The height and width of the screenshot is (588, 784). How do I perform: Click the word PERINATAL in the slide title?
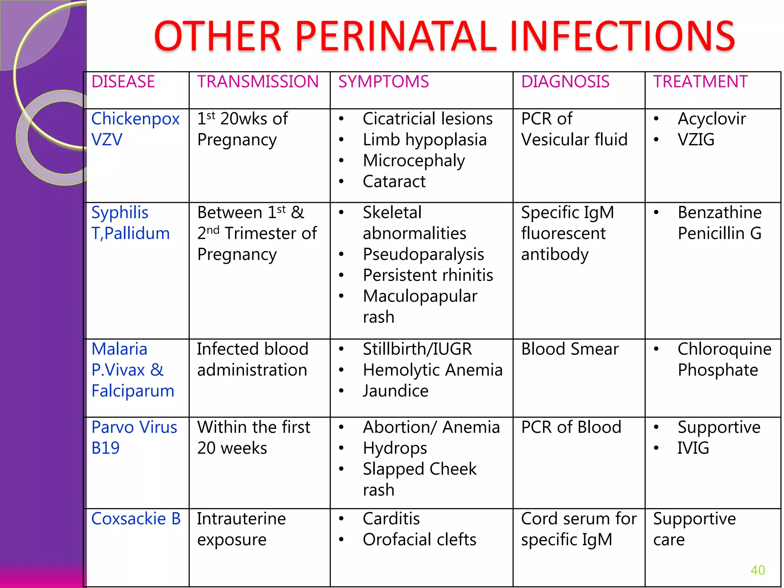pos(396,36)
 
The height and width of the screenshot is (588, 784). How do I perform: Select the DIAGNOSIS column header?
pos(565,82)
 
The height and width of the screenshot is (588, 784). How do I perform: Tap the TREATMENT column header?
pos(700,82)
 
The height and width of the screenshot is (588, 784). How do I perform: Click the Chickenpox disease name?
pos(135,119)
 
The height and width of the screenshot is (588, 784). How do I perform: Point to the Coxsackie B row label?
pos(136,519)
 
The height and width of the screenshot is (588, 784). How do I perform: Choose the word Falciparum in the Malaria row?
pos(133,391)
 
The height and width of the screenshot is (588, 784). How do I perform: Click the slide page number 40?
pos(758,570)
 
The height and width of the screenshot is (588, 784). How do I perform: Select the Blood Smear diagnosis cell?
pos(570,350)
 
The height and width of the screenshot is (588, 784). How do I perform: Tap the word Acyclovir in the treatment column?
pos(712,119)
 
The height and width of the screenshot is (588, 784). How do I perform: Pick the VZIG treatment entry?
pos(696,140)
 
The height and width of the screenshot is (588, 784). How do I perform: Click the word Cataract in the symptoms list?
pos(394,181)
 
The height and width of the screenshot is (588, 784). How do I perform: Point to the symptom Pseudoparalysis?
pos(423,255)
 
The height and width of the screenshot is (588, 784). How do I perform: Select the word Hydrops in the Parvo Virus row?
pos(395,448)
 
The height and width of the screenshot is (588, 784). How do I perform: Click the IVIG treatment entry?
pos(693,448)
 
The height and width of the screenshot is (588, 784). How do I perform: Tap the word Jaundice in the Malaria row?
pos(395,391)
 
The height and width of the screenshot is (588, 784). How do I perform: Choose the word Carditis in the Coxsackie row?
pos(391,519)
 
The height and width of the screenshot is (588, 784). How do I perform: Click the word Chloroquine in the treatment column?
pos(724,350)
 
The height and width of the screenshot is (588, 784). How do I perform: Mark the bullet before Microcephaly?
pos(341,161)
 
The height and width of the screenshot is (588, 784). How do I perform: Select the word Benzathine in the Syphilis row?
pos(720,213)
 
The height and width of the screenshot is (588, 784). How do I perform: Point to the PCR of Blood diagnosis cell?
pos(571,428)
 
